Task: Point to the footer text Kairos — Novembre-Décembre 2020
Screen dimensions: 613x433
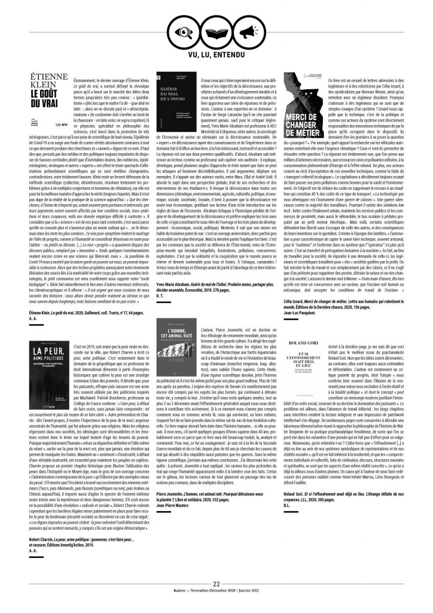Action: pos(216,593)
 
